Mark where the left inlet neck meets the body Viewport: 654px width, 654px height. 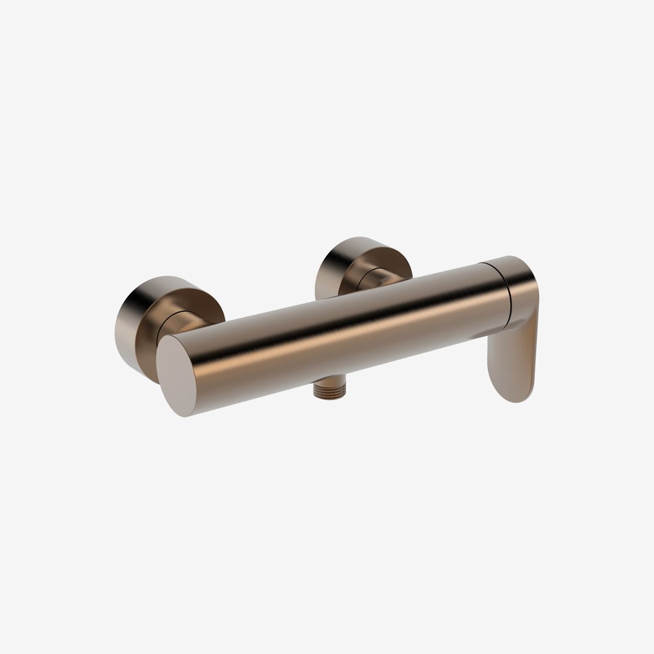click(204, 325)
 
